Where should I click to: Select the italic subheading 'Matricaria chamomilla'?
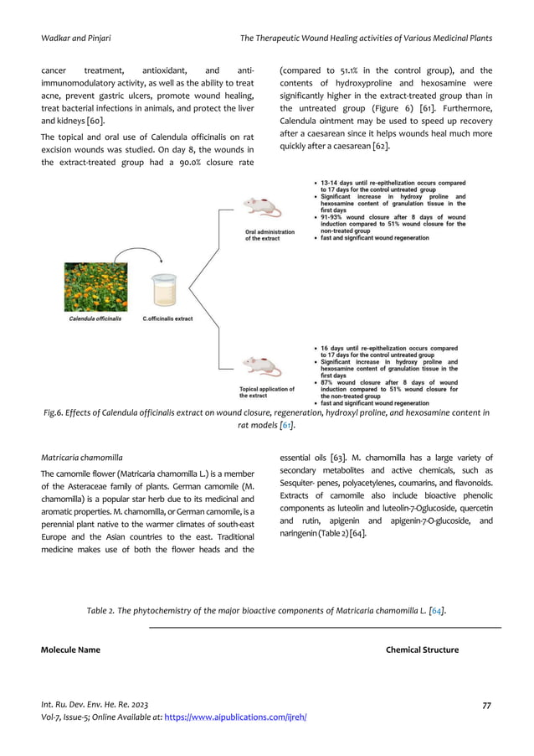(82, 458)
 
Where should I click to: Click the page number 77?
(487, 706)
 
